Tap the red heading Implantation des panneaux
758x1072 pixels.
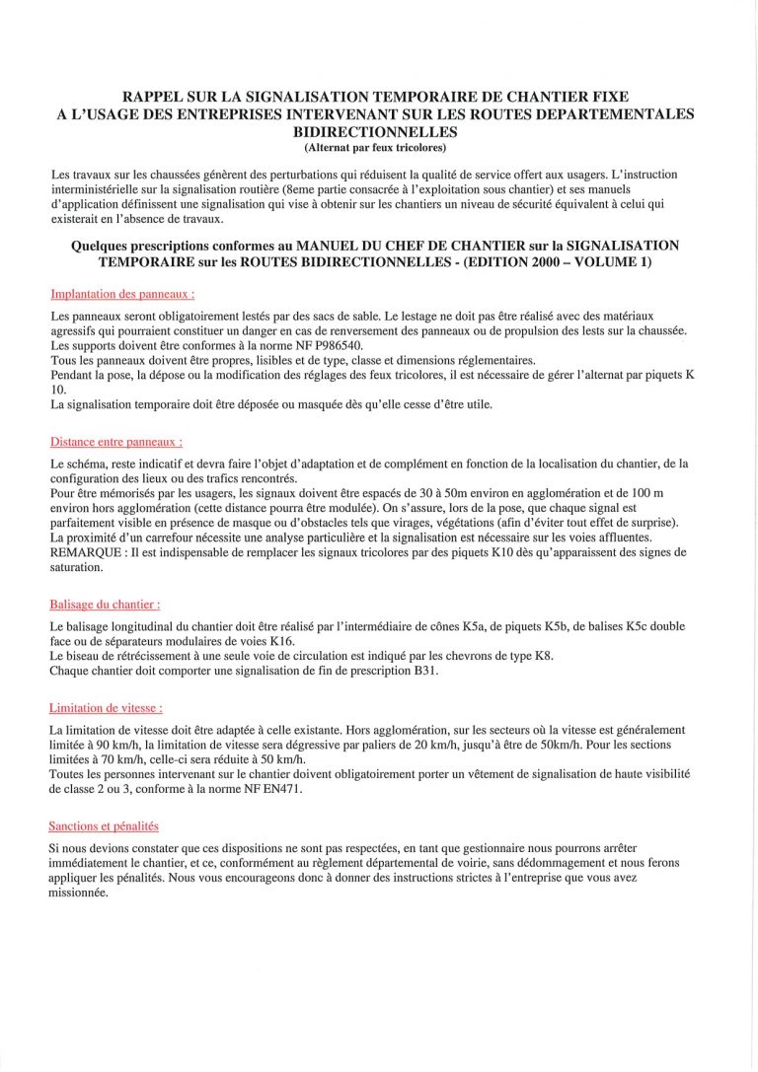coord(121,294)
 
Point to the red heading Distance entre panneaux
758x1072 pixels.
coord(115,442)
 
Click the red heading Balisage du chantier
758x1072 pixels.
coord(105,605)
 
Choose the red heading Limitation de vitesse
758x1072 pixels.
coord(106,708)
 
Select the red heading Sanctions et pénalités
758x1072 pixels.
coord(104,826)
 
